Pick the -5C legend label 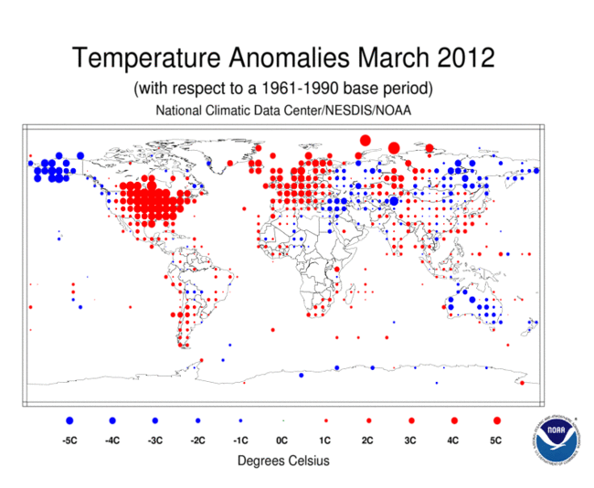pyautogui.click(x=69, y=440)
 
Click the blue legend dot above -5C pyautogui.click(x=69, y=420)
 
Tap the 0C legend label pyautogui.click(x=282, y=440)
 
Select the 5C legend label pyautogui.click(x=496, y=440)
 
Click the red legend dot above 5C pyautogui.click(x=496, y=420)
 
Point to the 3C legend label pyautogui.click(x=411, y=440)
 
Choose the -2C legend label pyautogui.click(x=197, y=440)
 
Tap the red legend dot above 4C pyautogui.click(x=454, y=420)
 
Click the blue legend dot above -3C pyautogui.click(x=154, y=420)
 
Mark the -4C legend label pyautogui.click(x=112, y=440)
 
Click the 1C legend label pyautogui.click(x=325, y=440)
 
